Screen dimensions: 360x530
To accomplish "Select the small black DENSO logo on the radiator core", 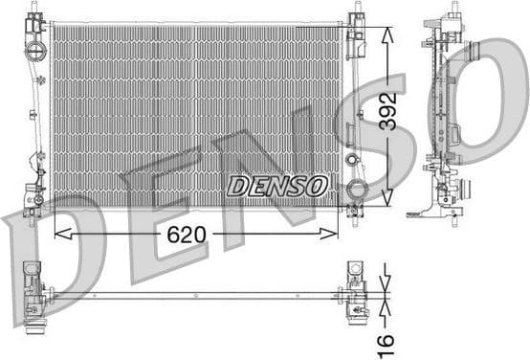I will tap(276, 185).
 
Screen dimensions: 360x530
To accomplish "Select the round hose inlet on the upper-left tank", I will tap(36, 50).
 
